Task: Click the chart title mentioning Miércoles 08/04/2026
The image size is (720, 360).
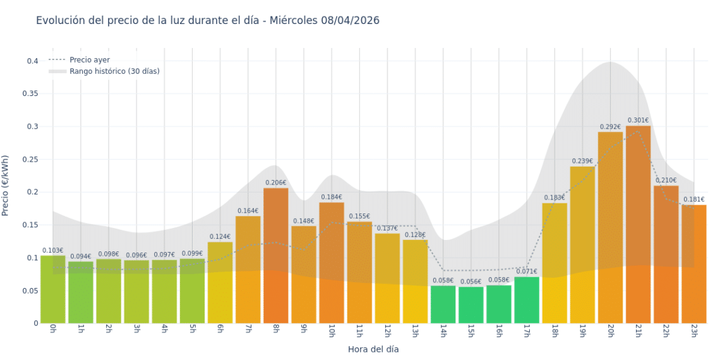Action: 207,20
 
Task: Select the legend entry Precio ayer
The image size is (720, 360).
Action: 89,60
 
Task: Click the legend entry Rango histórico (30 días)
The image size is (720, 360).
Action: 114,71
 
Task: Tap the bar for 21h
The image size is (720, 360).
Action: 638,227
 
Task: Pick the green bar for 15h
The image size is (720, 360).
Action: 471,306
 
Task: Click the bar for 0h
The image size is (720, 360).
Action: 53,291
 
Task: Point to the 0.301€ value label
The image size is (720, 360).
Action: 638,120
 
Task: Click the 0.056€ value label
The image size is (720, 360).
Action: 471,282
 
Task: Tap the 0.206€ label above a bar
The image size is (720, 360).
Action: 276,183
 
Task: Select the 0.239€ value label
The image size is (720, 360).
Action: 582,161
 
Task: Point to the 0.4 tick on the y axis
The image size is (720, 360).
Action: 32,61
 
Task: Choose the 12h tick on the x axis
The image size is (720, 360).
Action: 387,332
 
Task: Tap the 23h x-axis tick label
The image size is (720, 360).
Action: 693,332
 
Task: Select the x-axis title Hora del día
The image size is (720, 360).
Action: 373,349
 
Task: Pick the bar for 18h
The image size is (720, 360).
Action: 555,265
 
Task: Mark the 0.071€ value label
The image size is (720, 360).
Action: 527,272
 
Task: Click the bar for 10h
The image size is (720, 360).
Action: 332,265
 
